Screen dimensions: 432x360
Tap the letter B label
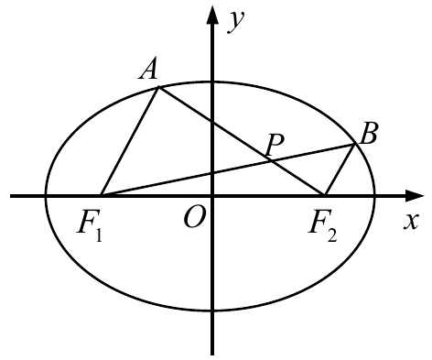click(369, 133)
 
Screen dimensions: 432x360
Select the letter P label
click(275, 145)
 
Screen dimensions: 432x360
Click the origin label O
click(193, 217)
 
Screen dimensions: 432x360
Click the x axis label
click(410, 221)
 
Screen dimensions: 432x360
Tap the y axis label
click(236, 21)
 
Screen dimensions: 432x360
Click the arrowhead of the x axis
click(415, 196)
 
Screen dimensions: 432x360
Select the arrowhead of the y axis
click(212, 15)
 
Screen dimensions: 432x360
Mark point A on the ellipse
click(158, 88)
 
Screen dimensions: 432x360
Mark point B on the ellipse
click(354, 144)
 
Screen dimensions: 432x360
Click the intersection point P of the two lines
click(270, 160)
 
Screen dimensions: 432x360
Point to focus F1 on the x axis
click(102, 195)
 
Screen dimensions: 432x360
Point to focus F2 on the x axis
click(324, 195)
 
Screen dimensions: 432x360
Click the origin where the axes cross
click(212, 196)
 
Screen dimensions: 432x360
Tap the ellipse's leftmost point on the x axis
click(46, 196)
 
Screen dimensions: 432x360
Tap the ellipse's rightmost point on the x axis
click(374, 196)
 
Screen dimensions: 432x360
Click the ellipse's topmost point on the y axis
click(212, 82)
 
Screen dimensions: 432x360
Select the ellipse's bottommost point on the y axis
click(212, 311)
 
